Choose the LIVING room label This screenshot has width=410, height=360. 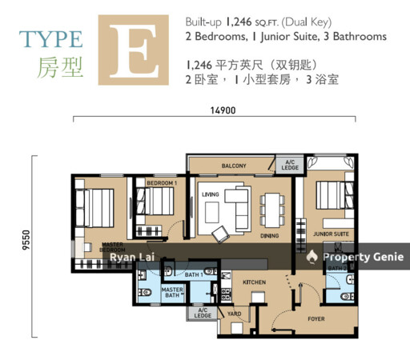pyautogui.click(x=211, y=194)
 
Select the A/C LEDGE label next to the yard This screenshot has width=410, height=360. pyautogui.click(x=202, y=313)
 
